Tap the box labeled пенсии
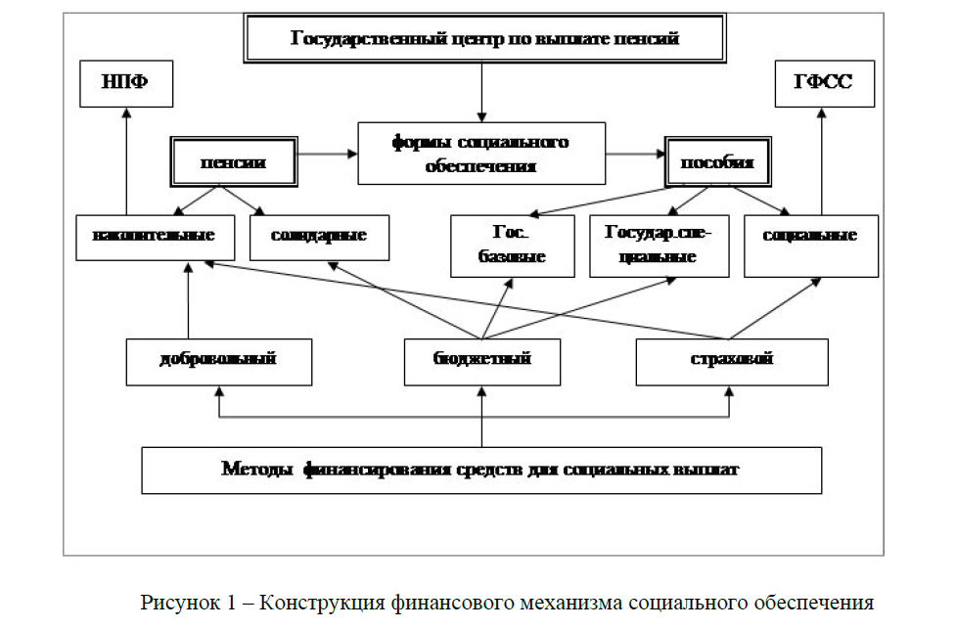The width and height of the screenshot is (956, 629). pos(233,162)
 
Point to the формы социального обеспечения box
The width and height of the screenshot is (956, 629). pos(480,154)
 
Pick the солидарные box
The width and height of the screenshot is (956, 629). pos(319,236)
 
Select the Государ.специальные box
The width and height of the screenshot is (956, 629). pos(660,245)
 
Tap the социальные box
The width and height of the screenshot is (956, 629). pos(810,236)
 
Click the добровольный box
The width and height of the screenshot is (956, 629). pos(218,360)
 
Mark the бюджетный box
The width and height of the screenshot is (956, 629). pos(481,360)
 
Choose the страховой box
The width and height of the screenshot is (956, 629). pos(731,360)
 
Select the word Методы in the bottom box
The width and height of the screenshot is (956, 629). pos(257,469)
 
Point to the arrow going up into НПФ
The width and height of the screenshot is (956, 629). pos(126,157)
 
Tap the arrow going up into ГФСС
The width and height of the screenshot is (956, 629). pos(821,157)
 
